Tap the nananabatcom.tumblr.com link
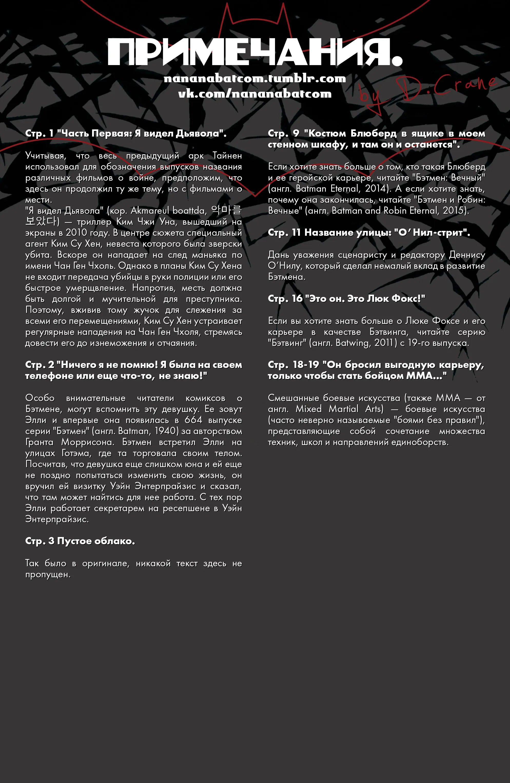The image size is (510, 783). coord(255,78)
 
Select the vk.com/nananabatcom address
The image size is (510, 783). coord(255,94)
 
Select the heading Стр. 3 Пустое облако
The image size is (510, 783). coord(80,541)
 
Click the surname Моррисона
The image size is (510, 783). coord(88,442)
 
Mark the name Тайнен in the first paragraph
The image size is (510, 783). coord(227,155)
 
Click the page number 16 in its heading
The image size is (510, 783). coord(297,298)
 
